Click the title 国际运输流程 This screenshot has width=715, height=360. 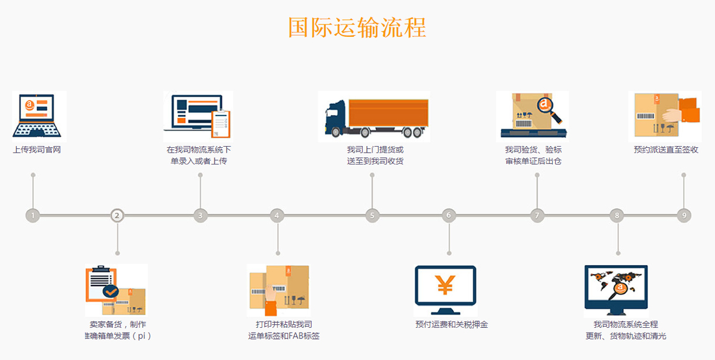point(357,27)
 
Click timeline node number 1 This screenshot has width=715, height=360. point(33,215)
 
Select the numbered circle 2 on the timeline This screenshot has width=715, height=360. point(117,215)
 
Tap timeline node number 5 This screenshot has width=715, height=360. point(372,215)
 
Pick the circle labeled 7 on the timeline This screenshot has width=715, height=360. point(537,215)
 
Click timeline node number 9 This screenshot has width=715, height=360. point(684,215)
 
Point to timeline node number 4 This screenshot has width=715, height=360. point(277,215)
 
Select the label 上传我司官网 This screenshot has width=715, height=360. point(37,150)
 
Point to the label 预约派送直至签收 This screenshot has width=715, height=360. point(666,150)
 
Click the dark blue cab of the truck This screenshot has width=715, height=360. point(335,116)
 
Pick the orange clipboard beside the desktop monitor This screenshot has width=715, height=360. point(221,123)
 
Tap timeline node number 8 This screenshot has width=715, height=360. point(617,215)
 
